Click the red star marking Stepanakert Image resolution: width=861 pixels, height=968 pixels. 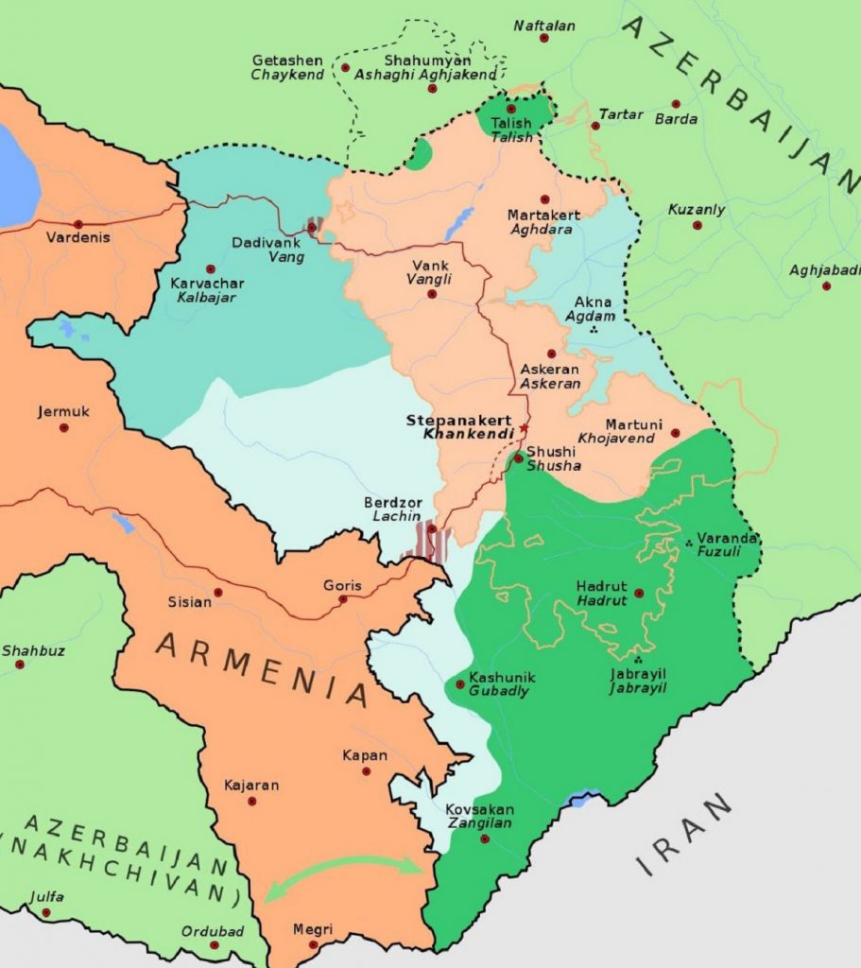pos(524,427)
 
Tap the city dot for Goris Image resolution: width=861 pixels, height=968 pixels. pos(343,599)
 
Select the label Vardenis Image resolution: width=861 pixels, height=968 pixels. pos(77,237)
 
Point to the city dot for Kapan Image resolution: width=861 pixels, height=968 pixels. pos(366,771)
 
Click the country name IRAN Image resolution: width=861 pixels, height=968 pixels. pos(684,835)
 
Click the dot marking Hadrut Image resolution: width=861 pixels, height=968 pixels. pos(639,594)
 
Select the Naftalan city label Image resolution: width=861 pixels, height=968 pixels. pos(544,26)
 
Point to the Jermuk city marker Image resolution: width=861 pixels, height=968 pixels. pos(64,427)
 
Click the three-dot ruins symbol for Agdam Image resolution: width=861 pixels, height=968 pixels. pos(594,330)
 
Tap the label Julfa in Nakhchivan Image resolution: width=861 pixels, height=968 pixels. pos(46,897)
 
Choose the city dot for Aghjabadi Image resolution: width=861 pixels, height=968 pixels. pos(826,285)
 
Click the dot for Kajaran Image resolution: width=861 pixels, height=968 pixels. pos(252,801)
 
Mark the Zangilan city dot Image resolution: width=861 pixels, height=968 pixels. pos(486,838)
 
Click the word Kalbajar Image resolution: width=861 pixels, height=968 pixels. pos(206,297)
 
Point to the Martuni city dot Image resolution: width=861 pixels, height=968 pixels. pos(675,433)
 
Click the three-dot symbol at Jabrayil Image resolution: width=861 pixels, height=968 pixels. pos(639,659)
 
